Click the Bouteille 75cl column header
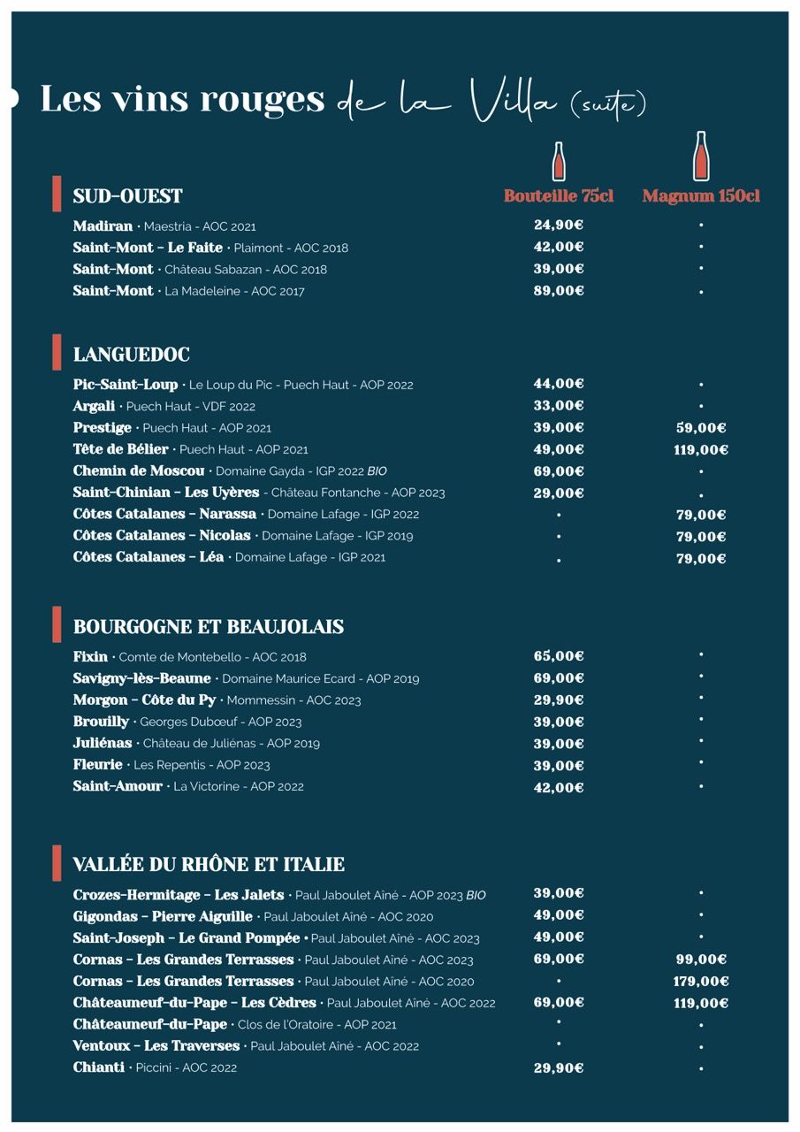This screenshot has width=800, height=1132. coord(558,196)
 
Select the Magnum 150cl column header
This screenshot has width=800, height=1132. coord(701,196)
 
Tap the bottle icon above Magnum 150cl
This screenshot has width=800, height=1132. coord(701,157)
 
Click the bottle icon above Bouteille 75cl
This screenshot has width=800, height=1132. coord(559,161)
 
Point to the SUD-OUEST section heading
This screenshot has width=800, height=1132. coord(127,196)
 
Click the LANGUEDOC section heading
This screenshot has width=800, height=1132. coord(131,355)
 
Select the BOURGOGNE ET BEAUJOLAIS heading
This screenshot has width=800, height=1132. coord(208,627)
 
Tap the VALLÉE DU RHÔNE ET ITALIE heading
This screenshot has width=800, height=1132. coord(209,864)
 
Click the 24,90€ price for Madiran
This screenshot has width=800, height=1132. coord(559,226)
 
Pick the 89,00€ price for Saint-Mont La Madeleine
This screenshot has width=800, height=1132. coord(559,291)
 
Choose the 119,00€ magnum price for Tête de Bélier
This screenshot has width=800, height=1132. coord(701,449)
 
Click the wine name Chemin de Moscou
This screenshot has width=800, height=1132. coord(139,470)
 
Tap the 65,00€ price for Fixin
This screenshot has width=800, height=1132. coord(559,656)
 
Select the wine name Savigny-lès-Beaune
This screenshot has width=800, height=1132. coord(141,678)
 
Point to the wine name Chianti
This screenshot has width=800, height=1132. coord(98,1067)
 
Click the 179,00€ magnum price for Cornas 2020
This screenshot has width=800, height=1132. coord(701,981)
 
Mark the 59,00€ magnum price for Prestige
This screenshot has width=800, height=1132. coord(701,428)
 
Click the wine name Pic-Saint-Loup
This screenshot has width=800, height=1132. coord(126,385)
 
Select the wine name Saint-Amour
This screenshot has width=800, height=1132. coord(118,786)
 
